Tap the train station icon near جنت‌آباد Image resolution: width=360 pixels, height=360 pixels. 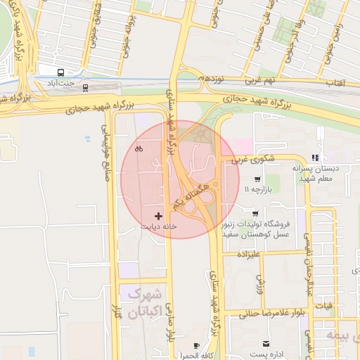click(x=86, y=88)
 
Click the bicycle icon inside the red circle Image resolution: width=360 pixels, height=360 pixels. click(x=139, y=148)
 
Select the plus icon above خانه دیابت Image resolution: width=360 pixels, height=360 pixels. click(x=158, y=215)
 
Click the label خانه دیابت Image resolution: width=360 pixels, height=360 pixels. click(x=158, y=227)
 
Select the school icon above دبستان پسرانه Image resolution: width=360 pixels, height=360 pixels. click(x=316, y=158)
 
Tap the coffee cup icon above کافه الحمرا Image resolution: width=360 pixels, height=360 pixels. click(x=196, y=345)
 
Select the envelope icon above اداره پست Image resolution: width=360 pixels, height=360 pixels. click(x=266, y=343)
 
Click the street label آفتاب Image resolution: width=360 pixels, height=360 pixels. click(x=334, y=83)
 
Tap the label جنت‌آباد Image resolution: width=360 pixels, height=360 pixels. click(x=60, y=84)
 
